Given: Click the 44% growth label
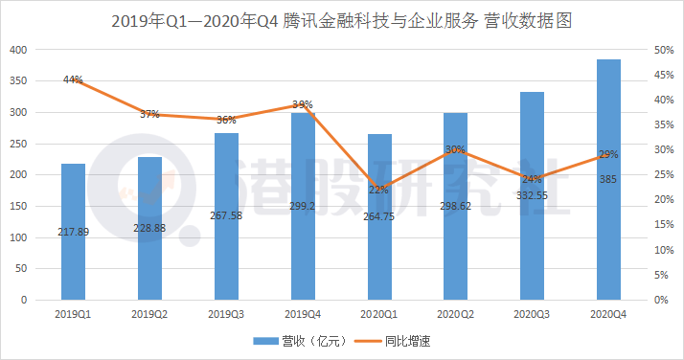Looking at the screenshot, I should [x=73, y=79].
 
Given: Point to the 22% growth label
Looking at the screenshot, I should [x=379, y=190].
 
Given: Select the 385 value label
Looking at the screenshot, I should [x=608, y=179].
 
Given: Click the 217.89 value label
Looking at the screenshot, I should [x=73, y=232].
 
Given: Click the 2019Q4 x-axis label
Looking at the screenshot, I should [x=303, y=313].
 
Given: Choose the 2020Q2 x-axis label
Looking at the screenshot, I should [x=456, y=313].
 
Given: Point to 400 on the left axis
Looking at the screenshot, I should [x=18, y=50].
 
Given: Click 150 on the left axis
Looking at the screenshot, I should [x=18, y=206].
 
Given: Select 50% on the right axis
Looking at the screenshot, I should [x=662, y=50].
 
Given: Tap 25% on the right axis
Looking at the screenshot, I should [x=662, y=174].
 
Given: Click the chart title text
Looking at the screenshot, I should [x=341, y=19].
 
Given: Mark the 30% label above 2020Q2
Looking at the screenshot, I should [x=456, y=149].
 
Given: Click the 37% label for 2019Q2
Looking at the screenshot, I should [x=149, y=114].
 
